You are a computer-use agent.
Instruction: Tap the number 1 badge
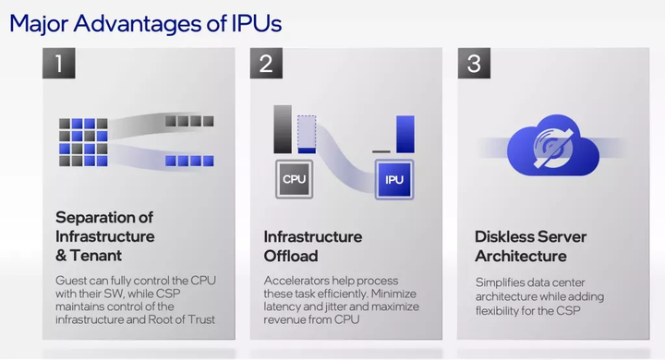[x=59, y=65]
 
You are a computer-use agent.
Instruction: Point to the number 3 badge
[x=475, y=65]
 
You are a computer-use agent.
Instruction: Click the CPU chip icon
[x=295, y=179]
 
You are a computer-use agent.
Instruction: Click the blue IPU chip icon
[x=394, y=179]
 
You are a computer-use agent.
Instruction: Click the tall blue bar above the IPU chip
[x=405, y=134]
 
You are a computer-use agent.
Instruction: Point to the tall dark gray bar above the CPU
[x=283, y=128]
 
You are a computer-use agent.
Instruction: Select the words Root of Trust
[x=186, y=319]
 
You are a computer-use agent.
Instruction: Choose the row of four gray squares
[x=189, y=121]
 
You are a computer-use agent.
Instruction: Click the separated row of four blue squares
[x=189, y=161]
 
